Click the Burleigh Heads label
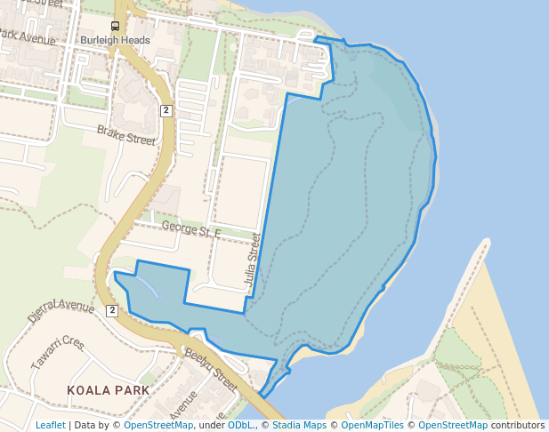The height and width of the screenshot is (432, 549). (115, 41)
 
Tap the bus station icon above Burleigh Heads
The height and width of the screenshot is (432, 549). (115, 26)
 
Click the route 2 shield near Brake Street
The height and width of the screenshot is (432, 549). (166, 110)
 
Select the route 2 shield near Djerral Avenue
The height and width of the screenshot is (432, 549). (111, 310)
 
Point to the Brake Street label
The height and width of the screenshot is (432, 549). (125, 135)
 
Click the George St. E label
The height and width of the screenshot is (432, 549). (190, 230)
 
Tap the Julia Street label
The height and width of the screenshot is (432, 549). (253, 263)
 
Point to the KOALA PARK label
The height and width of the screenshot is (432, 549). (108, 390)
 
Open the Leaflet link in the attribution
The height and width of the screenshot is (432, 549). (50, 425)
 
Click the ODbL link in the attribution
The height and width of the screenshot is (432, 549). (241, 425)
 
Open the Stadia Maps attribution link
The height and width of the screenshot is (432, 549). (296, 425)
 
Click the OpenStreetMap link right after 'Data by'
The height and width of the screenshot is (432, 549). (158, 425)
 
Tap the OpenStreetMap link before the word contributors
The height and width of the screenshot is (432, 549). (453, 425)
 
